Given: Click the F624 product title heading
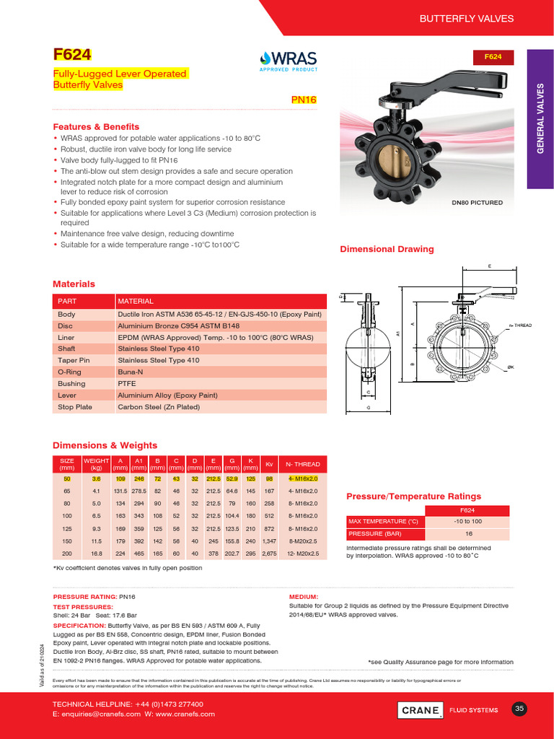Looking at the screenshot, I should pyautogui.click(x=72, y=55).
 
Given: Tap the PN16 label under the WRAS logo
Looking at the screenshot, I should pyautogui.click(x=304, y=101).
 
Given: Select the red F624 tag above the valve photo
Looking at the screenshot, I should pyautogui.click(x=493, y=56).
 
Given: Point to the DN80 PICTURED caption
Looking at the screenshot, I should pyautogui.click(x=477, y=203).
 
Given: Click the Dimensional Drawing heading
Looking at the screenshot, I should pyautogui.click(x=387, y=249).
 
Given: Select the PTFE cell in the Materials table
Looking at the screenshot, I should pyautogui.click(x=127, y=383).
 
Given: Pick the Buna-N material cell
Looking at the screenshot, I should pyautogui.click(x=131, y=372).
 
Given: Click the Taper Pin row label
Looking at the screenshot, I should pyautogui.click(x=74, y=360).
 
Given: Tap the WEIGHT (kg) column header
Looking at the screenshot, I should pyautogui.click(x=96, y=464).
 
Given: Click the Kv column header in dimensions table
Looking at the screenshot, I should pyautogui.click(x=269, y=464).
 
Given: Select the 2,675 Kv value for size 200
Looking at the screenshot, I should pyautogui.click(x=269, y=554).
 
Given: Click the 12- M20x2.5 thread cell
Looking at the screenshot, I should pyautogui.click(x=302, y=554).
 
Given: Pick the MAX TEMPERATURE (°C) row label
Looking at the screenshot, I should pyautogui.click(x=383, y=522).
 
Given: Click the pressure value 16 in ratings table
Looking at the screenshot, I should pyautogui.click(x=467, y=534).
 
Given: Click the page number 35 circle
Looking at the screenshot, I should pyautogui.click(x=519, y=709).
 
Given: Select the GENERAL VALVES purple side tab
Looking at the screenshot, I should pyautogui.click(x=540, y=118).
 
